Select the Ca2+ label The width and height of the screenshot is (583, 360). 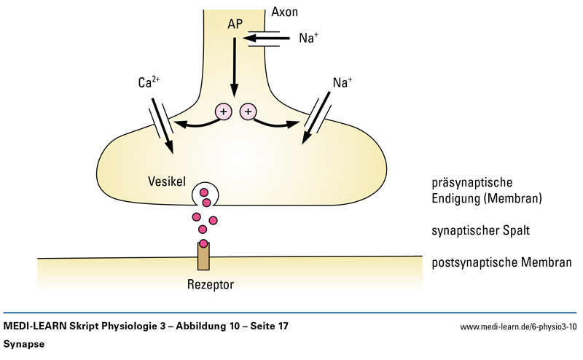click(x=148, y=83)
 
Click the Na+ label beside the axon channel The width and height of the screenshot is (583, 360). click(x=308, y=38)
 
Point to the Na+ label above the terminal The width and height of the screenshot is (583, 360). click(x=343, y=83)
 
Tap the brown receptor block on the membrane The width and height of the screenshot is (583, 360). click(x=203, y=254)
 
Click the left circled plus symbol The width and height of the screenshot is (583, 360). click(x=224, y=111)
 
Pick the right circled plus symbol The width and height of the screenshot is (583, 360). click(x=249, y=111)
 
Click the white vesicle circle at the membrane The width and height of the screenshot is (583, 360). click(x=203, y=194)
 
